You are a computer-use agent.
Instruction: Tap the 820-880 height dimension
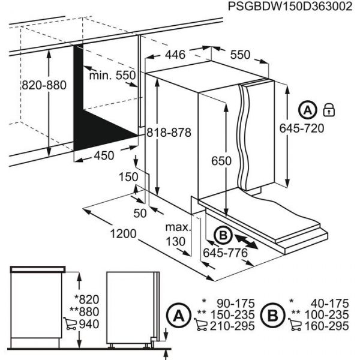44,85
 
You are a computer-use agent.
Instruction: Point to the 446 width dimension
175,55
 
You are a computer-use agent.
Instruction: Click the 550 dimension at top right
240,55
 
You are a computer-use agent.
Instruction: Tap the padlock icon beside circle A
328,110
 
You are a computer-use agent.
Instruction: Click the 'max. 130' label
178,235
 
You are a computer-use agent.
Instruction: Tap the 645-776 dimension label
225,253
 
